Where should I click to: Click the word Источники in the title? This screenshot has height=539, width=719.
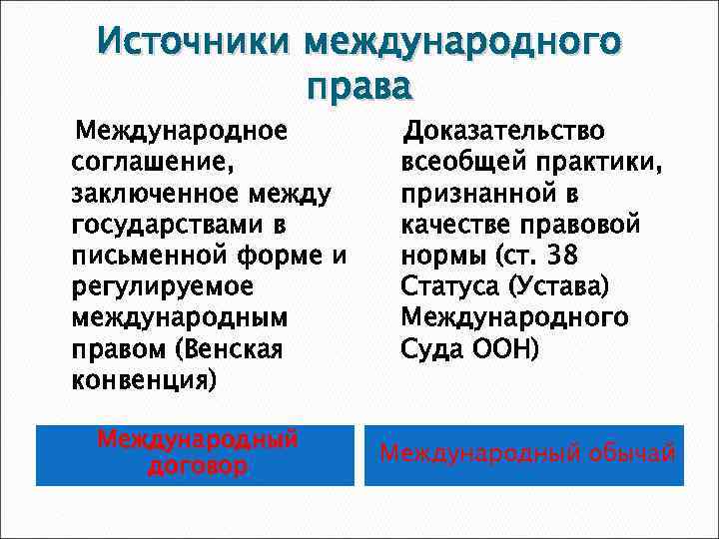coord(197,43)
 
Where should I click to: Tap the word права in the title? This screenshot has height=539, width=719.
coord(359,87)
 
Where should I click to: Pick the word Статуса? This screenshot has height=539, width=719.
coord(450,286)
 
